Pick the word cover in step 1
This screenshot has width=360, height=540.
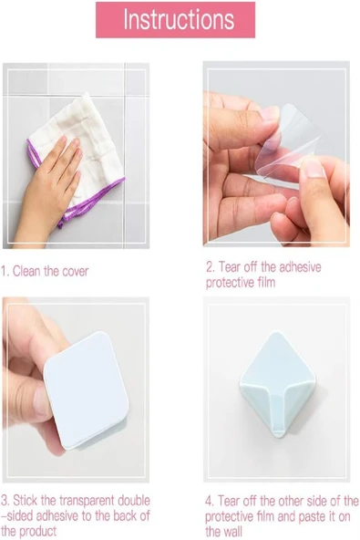[x=75, y=272]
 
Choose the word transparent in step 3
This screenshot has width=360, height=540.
[x=92, y=502]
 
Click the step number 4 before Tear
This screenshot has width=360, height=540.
[x=208, y=502]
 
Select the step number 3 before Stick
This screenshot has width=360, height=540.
[x=5, y=502]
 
